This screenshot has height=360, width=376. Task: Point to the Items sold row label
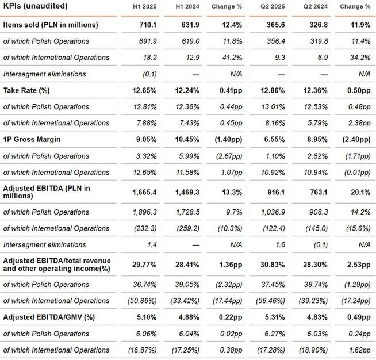tap(51, 25)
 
